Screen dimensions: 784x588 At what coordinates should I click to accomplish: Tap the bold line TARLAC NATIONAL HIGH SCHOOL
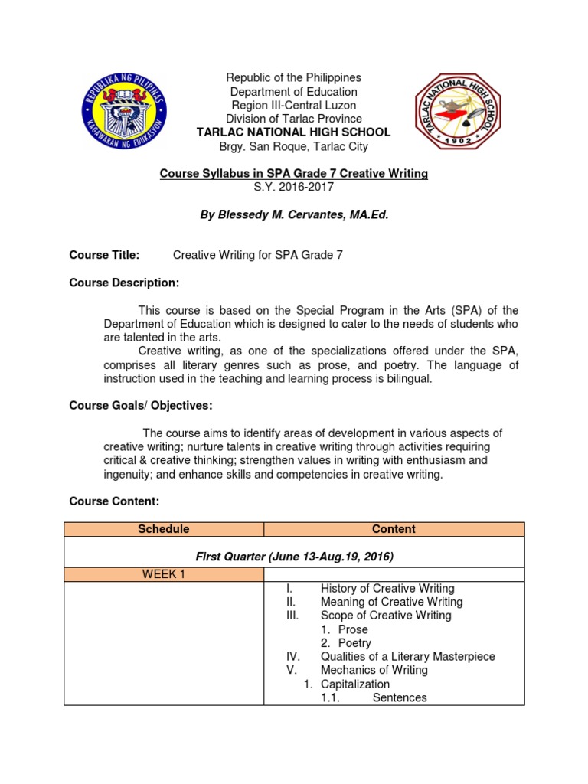[293, 132]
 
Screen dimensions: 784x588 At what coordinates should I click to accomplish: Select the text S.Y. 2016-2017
[293, 188]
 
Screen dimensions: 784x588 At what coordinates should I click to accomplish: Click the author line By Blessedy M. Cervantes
[293, 216]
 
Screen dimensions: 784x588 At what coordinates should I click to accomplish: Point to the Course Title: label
[104, 255]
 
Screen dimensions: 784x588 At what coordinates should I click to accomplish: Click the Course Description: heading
[124, 283]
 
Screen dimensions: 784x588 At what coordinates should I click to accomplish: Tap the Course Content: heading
[114, 501]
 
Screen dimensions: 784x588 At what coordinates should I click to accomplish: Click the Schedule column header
[163, 529]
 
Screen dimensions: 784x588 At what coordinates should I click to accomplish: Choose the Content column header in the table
[394, 529]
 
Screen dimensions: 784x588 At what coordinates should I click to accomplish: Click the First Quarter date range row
[294, 557]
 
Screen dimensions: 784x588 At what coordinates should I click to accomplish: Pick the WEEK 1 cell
[163, 574]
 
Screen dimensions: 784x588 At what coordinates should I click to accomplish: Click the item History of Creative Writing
[387, 589]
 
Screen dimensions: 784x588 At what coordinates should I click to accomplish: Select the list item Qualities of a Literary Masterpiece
[407, 657]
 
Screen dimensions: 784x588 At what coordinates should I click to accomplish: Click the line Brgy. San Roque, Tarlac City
[293, 146]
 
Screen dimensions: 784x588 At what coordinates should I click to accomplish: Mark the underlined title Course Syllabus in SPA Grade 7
[293, 174]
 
